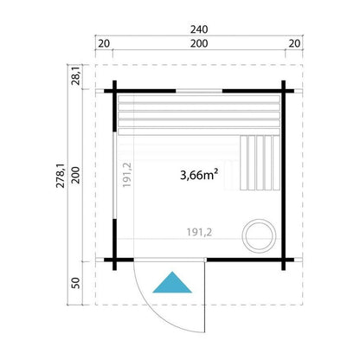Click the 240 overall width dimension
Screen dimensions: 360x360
click(199, 29)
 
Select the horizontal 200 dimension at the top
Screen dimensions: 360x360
click(199, 43)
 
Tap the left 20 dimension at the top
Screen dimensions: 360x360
click(104, 43)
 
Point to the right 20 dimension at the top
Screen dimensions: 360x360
click(294, 43)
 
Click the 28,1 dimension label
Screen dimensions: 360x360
click(75, 75)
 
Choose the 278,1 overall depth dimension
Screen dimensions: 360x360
click(61, 176)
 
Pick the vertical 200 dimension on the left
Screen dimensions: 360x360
click(75, 175)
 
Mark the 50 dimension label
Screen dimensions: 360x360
click(75, 283)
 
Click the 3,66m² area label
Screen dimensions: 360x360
click(199, 175)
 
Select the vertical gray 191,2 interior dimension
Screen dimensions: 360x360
click(127, 175)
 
